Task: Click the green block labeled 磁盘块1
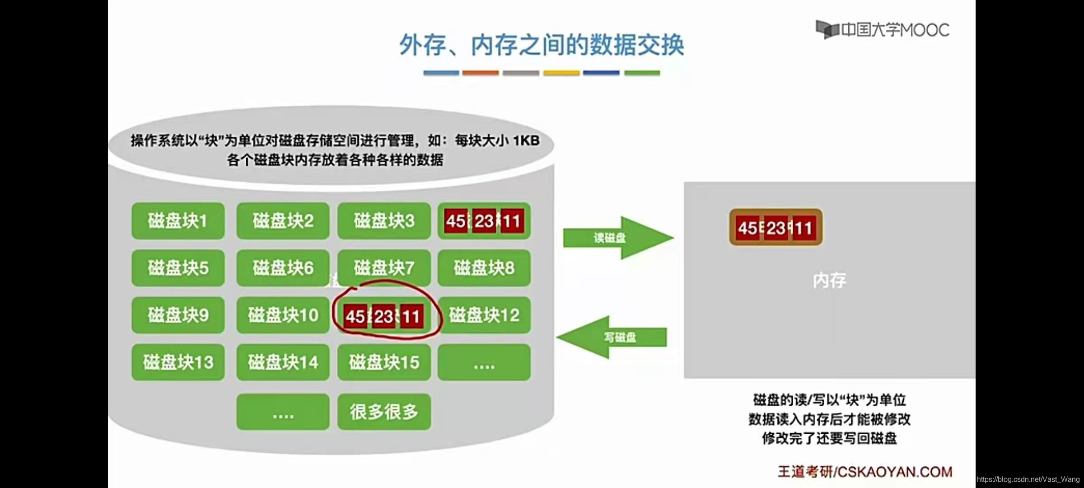click(178, 221)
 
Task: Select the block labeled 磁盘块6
click(283, 268)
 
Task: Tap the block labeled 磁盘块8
click(484, 268)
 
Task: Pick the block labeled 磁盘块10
click(283, 315)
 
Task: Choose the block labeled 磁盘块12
click(484, 315)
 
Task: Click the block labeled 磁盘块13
click(178, 362)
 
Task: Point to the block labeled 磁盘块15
click(384, 362)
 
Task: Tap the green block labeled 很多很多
click(384, 412)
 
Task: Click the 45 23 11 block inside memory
click(776, 228)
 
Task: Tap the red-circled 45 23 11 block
click(384, 316)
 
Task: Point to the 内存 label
click(829, 281)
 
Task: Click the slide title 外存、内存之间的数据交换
click(542, 45)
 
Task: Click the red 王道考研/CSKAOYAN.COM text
click(864, 472)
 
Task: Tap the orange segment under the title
click(481, 73)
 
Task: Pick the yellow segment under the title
click(561, 73)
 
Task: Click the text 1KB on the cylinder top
click(526, 141)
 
